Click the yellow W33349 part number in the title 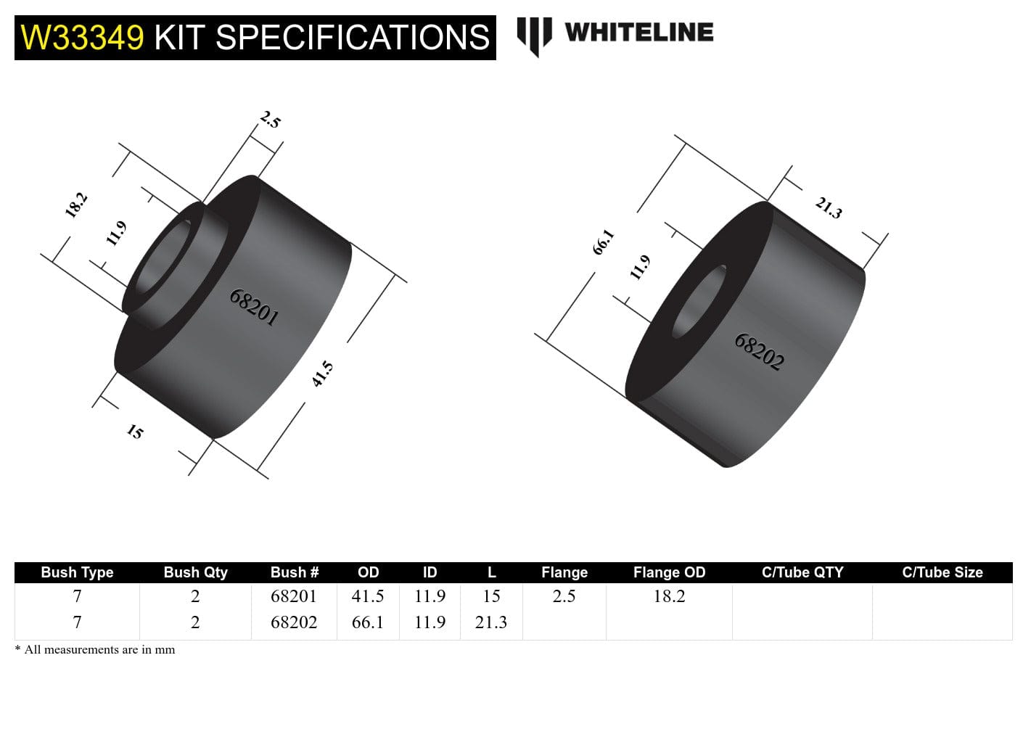click(x=82, y=38)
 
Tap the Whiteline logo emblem click(x=534, y=35)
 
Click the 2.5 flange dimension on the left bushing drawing click(x=270, y=120)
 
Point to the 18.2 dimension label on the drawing click(x=76, y=205)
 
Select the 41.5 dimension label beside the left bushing click(x=322, y=374)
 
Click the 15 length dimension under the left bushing click(x=135, y=432)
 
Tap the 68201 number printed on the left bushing click(x=254, y=308)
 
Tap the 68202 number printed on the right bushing click(x=759, y=352)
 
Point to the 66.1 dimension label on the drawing click(x=603, y=242)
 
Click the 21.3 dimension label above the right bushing click(x=828, y=208)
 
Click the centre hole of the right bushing click(x=699, y=302)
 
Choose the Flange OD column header click(x=669, y=572)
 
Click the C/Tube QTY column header click(x=802, y=572)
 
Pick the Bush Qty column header click(x=195, y=572)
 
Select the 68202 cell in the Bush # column click(x=294, y=622)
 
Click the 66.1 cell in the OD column click(x=368, y=622)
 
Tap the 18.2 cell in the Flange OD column click(x=669, y=596)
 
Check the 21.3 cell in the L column click(x=491, y=622)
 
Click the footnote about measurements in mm click(x=95, y=650)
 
